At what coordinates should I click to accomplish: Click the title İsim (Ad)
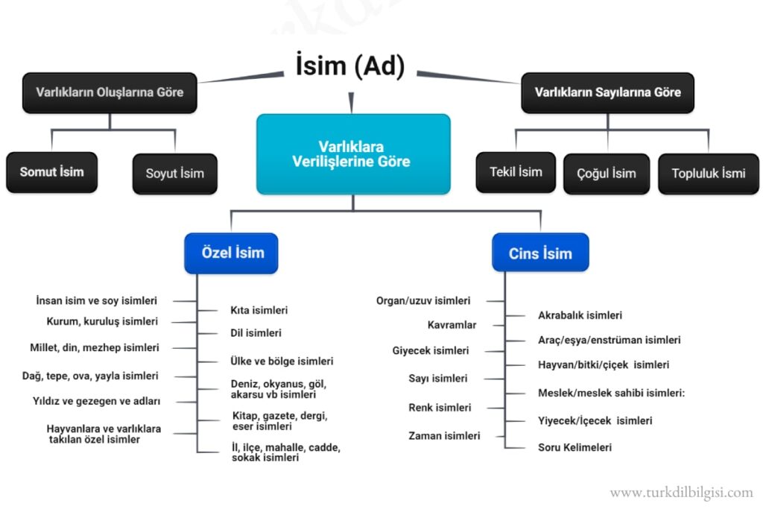tap(346, 66)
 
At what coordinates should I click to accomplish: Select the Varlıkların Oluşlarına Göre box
tap(110, 92)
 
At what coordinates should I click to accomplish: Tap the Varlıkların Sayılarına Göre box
tap(607, 92)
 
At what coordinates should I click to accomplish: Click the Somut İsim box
tap(51, 172)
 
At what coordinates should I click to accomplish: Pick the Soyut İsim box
tap(174, 174)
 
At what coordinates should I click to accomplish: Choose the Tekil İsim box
tap(516, 172)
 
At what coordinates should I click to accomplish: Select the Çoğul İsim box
tap(607, 174)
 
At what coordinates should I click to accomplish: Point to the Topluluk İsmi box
tap(708, 174)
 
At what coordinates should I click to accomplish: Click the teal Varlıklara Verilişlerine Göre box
tap(352, 154)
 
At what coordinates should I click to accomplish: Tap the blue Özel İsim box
tap(232, 253)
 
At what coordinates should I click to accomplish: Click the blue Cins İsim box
tap(540, 253)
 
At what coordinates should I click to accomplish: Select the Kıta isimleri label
tap(259, 310)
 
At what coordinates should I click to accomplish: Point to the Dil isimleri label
tap(256, 333)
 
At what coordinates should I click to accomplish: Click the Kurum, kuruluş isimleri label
tap(102, 321)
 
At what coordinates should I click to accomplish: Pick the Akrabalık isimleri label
tap(580, 315)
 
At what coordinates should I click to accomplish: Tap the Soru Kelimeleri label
tap(574, 447)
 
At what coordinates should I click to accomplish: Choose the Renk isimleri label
tap(440, 408)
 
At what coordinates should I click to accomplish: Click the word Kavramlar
tap(452, 325)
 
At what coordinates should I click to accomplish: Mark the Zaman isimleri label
tap(444, 436)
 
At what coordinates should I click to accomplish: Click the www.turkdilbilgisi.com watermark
tap(681, 493)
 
